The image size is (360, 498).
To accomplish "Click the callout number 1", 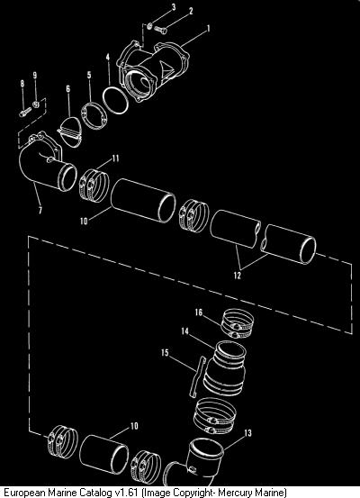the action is [x=208, y=29].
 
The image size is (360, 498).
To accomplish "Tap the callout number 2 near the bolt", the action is [x=191, y=12].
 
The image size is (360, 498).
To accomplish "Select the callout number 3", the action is [x=174, y=7].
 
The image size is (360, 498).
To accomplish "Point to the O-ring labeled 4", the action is [x=115, y=100].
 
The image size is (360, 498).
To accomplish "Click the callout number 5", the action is [x=89, y=75].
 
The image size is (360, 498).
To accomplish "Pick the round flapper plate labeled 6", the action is [x=70, y=131].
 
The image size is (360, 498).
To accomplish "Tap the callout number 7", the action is [x=40, y=210].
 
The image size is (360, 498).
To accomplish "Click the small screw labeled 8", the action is [x=25, y=112].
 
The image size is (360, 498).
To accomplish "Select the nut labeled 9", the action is [x=36, y=104].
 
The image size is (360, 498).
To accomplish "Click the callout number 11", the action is [x=115, y=158].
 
